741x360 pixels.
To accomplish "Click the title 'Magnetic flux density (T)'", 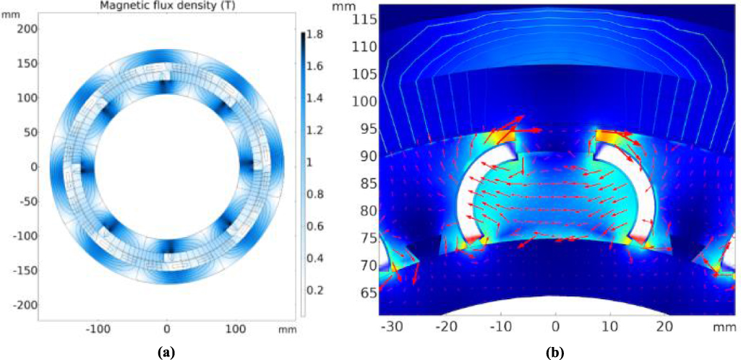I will [x=167, y=7].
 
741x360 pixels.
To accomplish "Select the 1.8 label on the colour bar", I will [x=316, y=35].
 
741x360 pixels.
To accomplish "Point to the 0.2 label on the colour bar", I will [x=316, y=290].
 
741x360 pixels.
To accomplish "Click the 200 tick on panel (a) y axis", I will [x=27, y=28].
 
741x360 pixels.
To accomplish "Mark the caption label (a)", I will [x=167, y=352].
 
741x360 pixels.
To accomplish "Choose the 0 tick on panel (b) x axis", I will [x=555, y=326].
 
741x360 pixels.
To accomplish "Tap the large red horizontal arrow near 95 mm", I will [x=527, y=130].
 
